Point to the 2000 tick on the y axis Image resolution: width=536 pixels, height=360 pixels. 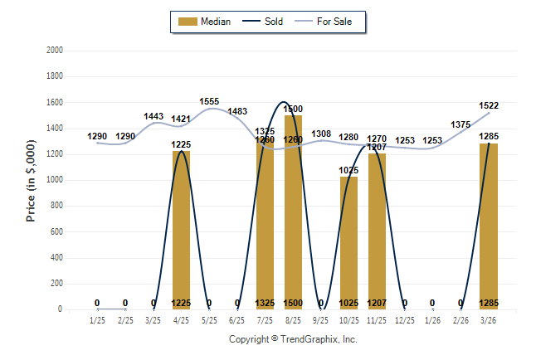pyautogui.click(x=55, y=51)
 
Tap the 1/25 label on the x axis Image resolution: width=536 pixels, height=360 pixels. pyautogui.click(x=97, y=320)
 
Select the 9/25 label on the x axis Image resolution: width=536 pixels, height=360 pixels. pyautogui.click(x=321, y=320)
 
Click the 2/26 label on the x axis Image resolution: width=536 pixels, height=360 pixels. pyautogui.click(x=460, y=320)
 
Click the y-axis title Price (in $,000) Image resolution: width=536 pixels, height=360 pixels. pyautogui.click(x=31, y=180)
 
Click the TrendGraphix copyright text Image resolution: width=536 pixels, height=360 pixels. pyautogui.click(x=293, y=339)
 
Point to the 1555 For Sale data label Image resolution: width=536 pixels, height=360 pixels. pyautogui.click(x=209, y=101)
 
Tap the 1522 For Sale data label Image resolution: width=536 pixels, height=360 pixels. pyautogui.click(x=489, y=105)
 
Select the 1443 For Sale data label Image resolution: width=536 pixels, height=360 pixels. pyautogui.click(x=153, y=116)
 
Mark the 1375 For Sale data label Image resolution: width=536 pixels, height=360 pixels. pyautogui.click(x=460, y=124)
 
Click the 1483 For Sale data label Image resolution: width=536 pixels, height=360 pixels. pyautogui.click(x=237, y=111)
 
